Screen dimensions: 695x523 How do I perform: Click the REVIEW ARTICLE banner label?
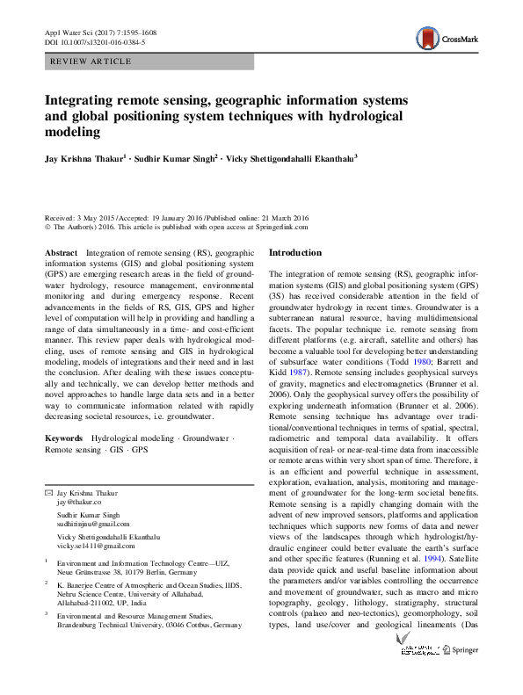(x=92, y=62)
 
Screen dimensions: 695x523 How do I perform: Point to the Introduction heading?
(x=295, y=253)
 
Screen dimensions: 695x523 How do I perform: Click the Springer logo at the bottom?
(x=465, y=676)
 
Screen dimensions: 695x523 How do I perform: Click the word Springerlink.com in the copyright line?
(x=282, y=227)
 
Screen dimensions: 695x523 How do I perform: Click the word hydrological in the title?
(x=358, y=116)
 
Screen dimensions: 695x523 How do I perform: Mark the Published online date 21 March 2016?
(x=284, y=216)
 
